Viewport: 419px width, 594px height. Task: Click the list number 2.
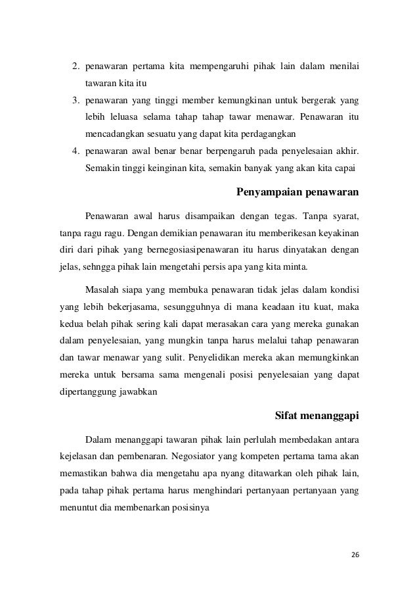tap(75, 66)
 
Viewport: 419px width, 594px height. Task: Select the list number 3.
tap(75, 101)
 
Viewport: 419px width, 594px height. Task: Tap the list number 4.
tap(75, 151)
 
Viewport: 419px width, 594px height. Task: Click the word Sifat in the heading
tap(286, 415)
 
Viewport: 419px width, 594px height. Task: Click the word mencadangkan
tap(114, 134)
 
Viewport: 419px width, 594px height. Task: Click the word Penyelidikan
tap(219, 359)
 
